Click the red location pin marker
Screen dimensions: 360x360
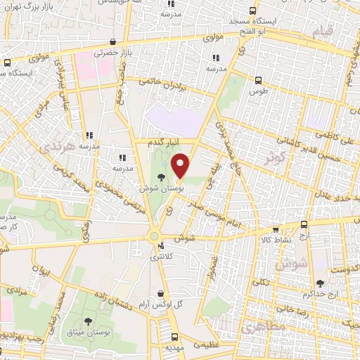click(x=181, y=166)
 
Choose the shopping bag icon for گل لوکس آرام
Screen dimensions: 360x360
click(x=162, y=293)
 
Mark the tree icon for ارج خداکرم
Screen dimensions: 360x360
click(x=321, y=283)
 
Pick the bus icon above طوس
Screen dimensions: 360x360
click(x=258, y=79)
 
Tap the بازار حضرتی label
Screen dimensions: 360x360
click(x=98, y=53)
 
